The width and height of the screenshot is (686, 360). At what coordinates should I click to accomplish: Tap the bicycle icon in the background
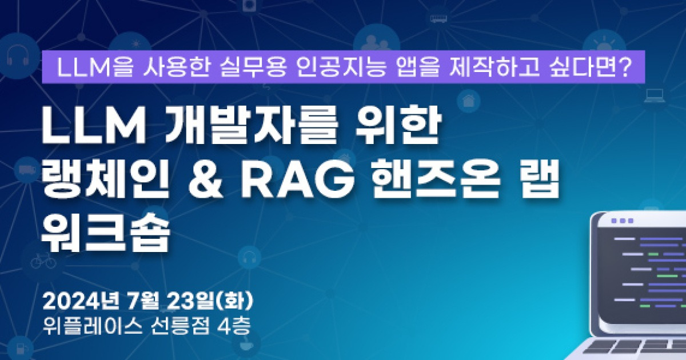(x=43, y=262)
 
